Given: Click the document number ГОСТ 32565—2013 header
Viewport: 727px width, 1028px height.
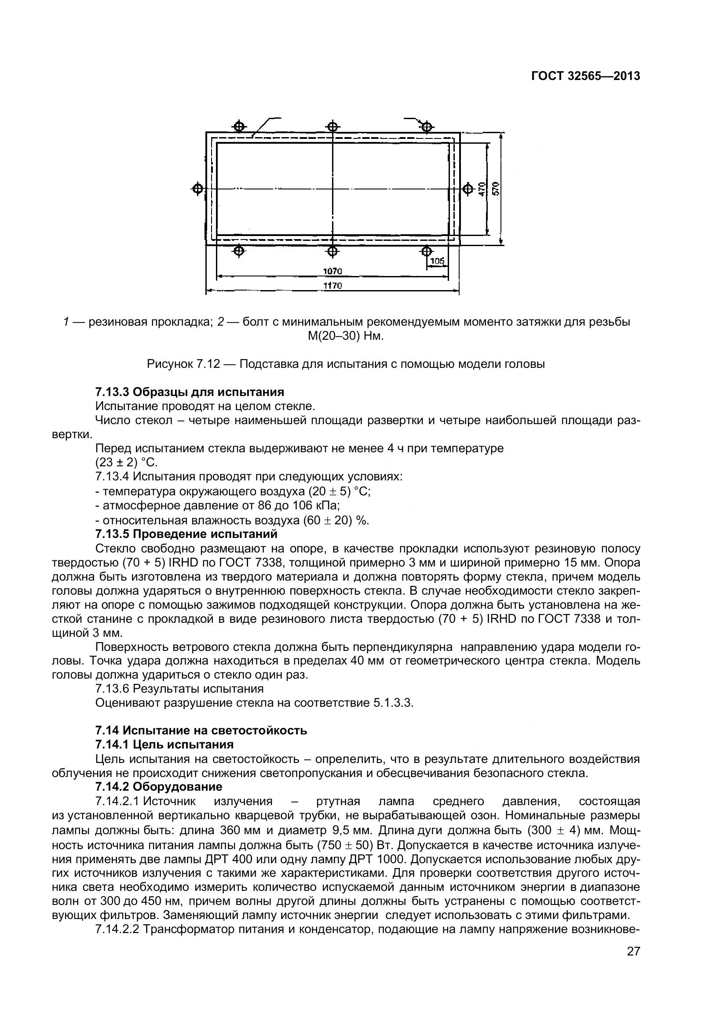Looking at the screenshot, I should [585, 76].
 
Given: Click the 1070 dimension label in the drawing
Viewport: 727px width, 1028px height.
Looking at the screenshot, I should [332, 271].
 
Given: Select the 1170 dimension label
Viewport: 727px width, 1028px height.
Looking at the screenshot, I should [332, 286].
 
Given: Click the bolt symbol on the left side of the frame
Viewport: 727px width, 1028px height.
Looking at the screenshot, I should [197, 189].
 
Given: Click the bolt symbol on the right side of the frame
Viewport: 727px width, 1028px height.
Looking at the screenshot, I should [468, 189].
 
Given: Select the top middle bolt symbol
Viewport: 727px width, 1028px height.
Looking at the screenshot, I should [332, 126].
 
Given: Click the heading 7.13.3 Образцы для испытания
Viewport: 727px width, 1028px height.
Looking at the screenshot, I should [190, 392].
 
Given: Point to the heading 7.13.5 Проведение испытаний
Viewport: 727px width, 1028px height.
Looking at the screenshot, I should [186, 534].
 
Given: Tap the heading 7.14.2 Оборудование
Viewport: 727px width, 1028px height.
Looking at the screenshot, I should [159, 787].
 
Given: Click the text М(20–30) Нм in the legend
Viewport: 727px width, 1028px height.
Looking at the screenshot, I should [345, 336].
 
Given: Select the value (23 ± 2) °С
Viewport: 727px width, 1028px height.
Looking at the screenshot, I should [126, 462].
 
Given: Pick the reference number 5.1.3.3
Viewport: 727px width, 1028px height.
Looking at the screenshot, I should [392, 702].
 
